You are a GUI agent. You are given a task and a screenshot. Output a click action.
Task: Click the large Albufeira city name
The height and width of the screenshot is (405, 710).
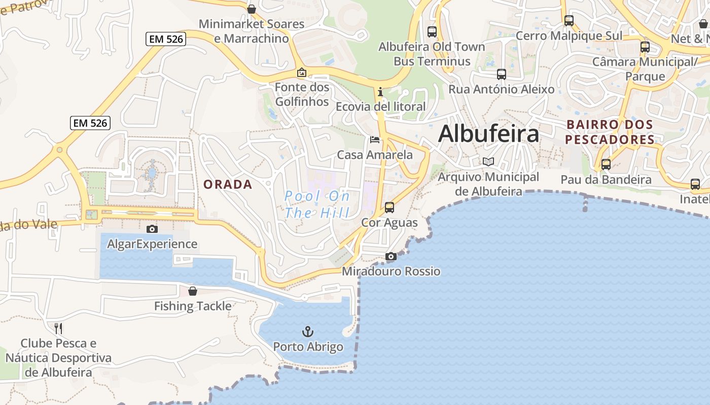[488, 134]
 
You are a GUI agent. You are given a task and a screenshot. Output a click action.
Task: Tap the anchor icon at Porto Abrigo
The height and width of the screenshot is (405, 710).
[308, 332]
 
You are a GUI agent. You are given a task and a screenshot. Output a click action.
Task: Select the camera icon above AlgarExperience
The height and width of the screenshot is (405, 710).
[152, 229]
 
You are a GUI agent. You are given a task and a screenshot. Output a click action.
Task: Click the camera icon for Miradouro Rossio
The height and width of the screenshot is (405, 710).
[390, 257]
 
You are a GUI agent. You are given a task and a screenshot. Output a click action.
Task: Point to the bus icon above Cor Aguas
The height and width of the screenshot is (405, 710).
[389, 208]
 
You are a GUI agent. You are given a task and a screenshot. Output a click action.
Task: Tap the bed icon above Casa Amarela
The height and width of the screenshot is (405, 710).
[375, 139]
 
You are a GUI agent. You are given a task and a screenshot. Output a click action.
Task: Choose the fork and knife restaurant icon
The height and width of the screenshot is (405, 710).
[58, 328]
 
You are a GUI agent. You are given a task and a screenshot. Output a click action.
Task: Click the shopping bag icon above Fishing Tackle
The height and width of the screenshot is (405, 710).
[193, 291]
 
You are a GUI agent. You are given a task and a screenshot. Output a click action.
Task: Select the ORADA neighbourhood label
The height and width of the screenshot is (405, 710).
[228, 184]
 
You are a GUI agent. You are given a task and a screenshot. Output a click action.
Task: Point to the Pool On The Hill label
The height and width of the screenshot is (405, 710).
[317, 204]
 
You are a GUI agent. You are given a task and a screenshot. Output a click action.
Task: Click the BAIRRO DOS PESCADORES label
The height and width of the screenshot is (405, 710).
[610, 132]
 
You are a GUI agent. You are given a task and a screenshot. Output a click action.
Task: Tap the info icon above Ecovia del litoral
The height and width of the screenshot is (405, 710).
[380, 92]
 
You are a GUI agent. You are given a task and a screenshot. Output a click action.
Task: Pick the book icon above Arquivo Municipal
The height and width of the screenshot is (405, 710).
[488, 162]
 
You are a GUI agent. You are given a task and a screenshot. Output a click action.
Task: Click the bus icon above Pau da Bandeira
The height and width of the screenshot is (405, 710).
[606, 165]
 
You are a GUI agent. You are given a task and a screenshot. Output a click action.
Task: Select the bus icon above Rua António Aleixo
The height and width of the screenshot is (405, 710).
[502, 74]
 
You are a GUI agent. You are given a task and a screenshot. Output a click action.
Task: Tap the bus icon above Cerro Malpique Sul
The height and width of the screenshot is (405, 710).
[569, 21]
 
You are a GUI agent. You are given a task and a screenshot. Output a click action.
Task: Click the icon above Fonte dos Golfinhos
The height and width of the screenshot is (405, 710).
[302, 73]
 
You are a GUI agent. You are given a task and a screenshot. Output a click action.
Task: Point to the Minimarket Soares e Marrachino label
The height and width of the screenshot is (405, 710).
[251, 31]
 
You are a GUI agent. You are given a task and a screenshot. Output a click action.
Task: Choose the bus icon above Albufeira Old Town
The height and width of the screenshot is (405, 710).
[432, 31]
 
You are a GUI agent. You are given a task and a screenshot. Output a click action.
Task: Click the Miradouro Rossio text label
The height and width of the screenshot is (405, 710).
[391, 271]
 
